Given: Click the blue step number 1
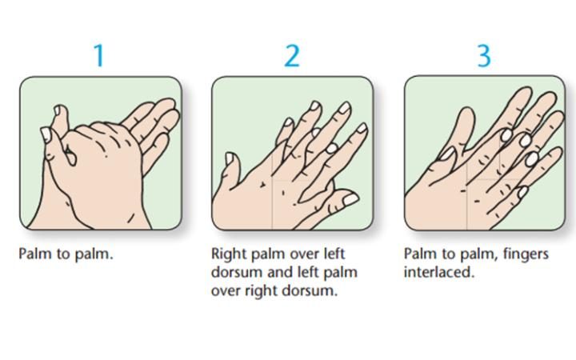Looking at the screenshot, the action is coord(99,55).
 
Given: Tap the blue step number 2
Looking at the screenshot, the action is coord(293,56).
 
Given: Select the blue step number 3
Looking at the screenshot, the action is coord(484,56).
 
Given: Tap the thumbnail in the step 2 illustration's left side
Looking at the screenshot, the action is coord(230,158).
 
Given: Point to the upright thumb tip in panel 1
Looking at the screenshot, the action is coord(58,110).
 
